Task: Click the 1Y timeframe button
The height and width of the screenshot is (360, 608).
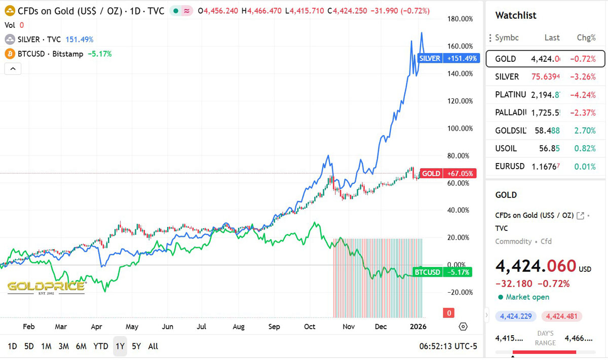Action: [x=120, y=346]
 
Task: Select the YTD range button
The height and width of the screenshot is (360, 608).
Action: [x=100, y=346]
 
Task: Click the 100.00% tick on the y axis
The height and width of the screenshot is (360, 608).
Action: [x=461, y=128]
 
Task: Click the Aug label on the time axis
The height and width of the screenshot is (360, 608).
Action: [x=238, y=327]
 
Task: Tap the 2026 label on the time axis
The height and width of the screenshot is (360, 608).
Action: [x=418, y=327]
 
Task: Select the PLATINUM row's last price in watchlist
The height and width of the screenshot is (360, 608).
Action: [x=545, y=94]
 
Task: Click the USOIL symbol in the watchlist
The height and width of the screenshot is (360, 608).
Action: [x=506, y=148]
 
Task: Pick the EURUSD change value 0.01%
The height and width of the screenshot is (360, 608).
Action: [x=586, y=166]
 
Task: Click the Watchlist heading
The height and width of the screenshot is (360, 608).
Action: [x=516, y=16]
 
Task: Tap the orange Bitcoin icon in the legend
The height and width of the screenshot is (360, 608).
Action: [x=9, y=54]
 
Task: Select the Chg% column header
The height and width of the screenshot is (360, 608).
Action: [x=586, y=37]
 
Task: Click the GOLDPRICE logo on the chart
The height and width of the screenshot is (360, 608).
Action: [x=46, y=287]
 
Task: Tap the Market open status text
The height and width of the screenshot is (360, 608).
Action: [x=527, y=297]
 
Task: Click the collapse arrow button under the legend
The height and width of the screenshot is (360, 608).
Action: [x=13, y=68]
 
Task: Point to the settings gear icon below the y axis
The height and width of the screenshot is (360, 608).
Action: [x=463, y=326]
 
